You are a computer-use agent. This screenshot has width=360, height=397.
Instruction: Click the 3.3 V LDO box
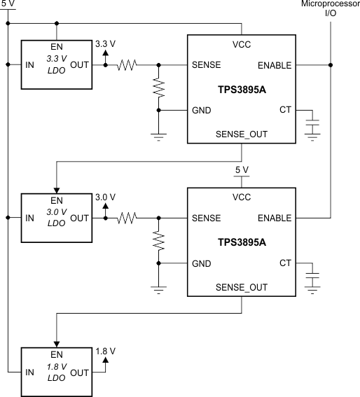pyautogui.click(x=56, y=64)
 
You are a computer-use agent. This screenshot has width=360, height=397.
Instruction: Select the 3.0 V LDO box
pyautogui.click(x=56, y=217)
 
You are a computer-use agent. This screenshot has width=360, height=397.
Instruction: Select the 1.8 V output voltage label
pyautogui.click(x=105, y=350)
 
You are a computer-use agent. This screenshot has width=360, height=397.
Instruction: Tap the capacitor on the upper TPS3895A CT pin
pyautogui.click(x=313, y=123)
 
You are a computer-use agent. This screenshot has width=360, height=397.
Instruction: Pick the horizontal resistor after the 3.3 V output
pyautogui.click(x=128, y=65)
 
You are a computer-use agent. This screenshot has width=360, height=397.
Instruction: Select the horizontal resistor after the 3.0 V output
pyautogui.click(x=128, y=218)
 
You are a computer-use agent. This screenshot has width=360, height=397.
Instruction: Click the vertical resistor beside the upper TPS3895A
pyautogui.click(x=159, y=88)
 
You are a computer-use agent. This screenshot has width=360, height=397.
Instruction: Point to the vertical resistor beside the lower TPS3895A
pyautogui.click(x=159, y=241)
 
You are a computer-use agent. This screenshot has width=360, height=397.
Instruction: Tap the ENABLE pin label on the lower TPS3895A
pyautogui.click(x=275, y=218)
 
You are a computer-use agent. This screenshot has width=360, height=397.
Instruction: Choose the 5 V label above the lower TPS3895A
pyautogui.click(x=242, y=170)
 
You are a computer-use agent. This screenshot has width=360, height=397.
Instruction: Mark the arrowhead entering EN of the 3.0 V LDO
pyautogui.click(x=56, y=188)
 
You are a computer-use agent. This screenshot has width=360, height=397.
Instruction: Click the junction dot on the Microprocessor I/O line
pyautogui.click(x=331, y=65)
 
